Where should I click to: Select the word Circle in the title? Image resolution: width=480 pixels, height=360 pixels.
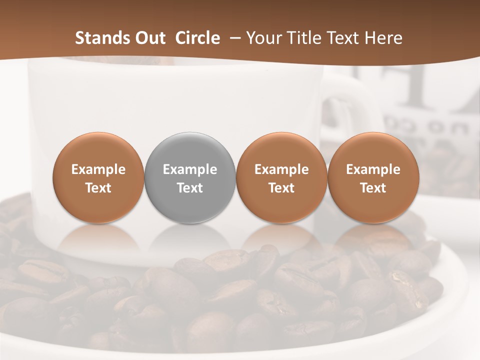tap(197, 38)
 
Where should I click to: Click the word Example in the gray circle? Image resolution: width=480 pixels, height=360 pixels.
tap(190, 169)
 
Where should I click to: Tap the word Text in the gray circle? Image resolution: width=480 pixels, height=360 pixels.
tap(190, 188)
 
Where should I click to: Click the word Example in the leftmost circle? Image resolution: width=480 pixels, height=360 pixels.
tap(98, 169)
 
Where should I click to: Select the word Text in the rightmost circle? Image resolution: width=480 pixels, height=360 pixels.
tap(373, 188)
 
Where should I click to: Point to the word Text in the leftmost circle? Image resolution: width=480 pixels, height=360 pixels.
tap(98, 188)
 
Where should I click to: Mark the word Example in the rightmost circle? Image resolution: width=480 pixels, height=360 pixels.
tap(373, 169)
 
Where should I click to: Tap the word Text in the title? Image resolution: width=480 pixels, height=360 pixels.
tap(344, 38)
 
